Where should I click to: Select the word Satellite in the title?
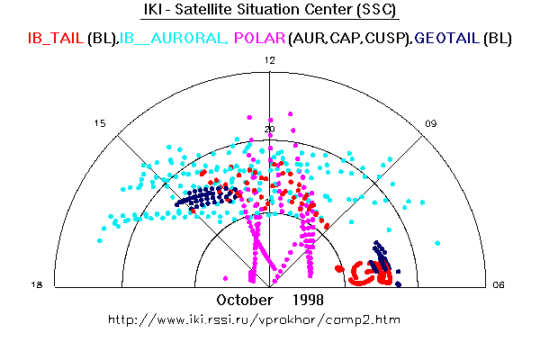(214, 11)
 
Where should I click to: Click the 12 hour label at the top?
(269, 59)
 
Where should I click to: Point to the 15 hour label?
(101, 123)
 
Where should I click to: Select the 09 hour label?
(432, 123)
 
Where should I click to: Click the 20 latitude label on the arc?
(269, 130)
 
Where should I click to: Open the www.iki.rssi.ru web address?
(254, 319)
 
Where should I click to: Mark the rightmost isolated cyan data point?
(438, 242)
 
